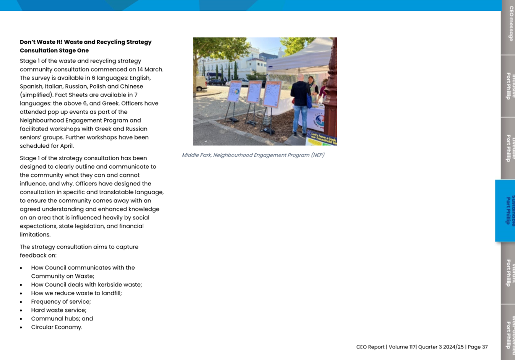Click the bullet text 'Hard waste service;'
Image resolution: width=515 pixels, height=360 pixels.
(58, 310)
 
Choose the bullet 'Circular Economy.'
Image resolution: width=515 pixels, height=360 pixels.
(57, 327)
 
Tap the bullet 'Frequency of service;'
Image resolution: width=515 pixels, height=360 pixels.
(61, 301)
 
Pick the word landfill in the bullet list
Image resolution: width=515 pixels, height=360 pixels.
(110, 293)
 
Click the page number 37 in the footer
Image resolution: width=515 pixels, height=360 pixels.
(484, 347)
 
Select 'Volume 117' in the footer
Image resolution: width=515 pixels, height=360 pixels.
(402, 347)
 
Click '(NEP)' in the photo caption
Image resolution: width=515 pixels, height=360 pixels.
(317, 155)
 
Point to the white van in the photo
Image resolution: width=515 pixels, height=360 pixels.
(200, 83)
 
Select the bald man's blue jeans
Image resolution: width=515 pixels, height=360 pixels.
(300, 119)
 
